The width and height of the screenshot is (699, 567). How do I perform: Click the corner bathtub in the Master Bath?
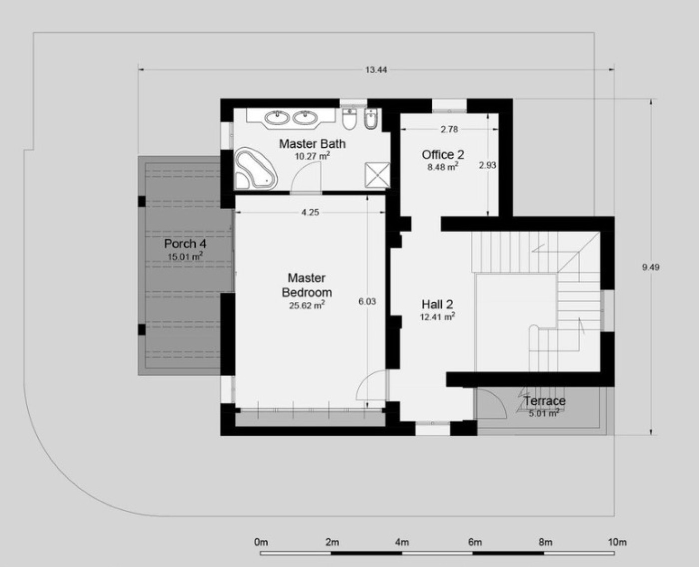[x=256, y=168]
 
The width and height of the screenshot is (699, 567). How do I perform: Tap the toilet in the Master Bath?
[x=349, y=119]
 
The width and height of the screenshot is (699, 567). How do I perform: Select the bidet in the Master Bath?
[x=371, y=119]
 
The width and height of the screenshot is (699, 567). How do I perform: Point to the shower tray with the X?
[x=378, y=175]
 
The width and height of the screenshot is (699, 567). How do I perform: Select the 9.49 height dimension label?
[x=651, y=267]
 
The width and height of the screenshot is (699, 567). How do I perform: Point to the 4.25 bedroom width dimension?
[x=310, y=213]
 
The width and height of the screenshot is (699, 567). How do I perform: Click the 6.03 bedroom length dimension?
[x=367, y=301]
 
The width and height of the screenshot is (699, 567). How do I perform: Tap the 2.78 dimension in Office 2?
[x=449, y=129]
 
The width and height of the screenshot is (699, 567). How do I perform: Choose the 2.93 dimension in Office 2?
[x=487, y=166]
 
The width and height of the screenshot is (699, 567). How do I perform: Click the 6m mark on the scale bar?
[x=475, y=542]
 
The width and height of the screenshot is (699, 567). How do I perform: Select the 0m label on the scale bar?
[x=261, y=542]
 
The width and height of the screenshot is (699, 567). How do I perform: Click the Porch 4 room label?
[x=185, y=244]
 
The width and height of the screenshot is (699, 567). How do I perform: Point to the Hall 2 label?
[x=437, y=304]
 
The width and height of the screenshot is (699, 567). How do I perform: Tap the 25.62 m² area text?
[x=307, y=305]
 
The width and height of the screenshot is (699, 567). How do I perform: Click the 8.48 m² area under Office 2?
[x=443, y=167]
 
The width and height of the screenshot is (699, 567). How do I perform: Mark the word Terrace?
[x=544, y=401]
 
